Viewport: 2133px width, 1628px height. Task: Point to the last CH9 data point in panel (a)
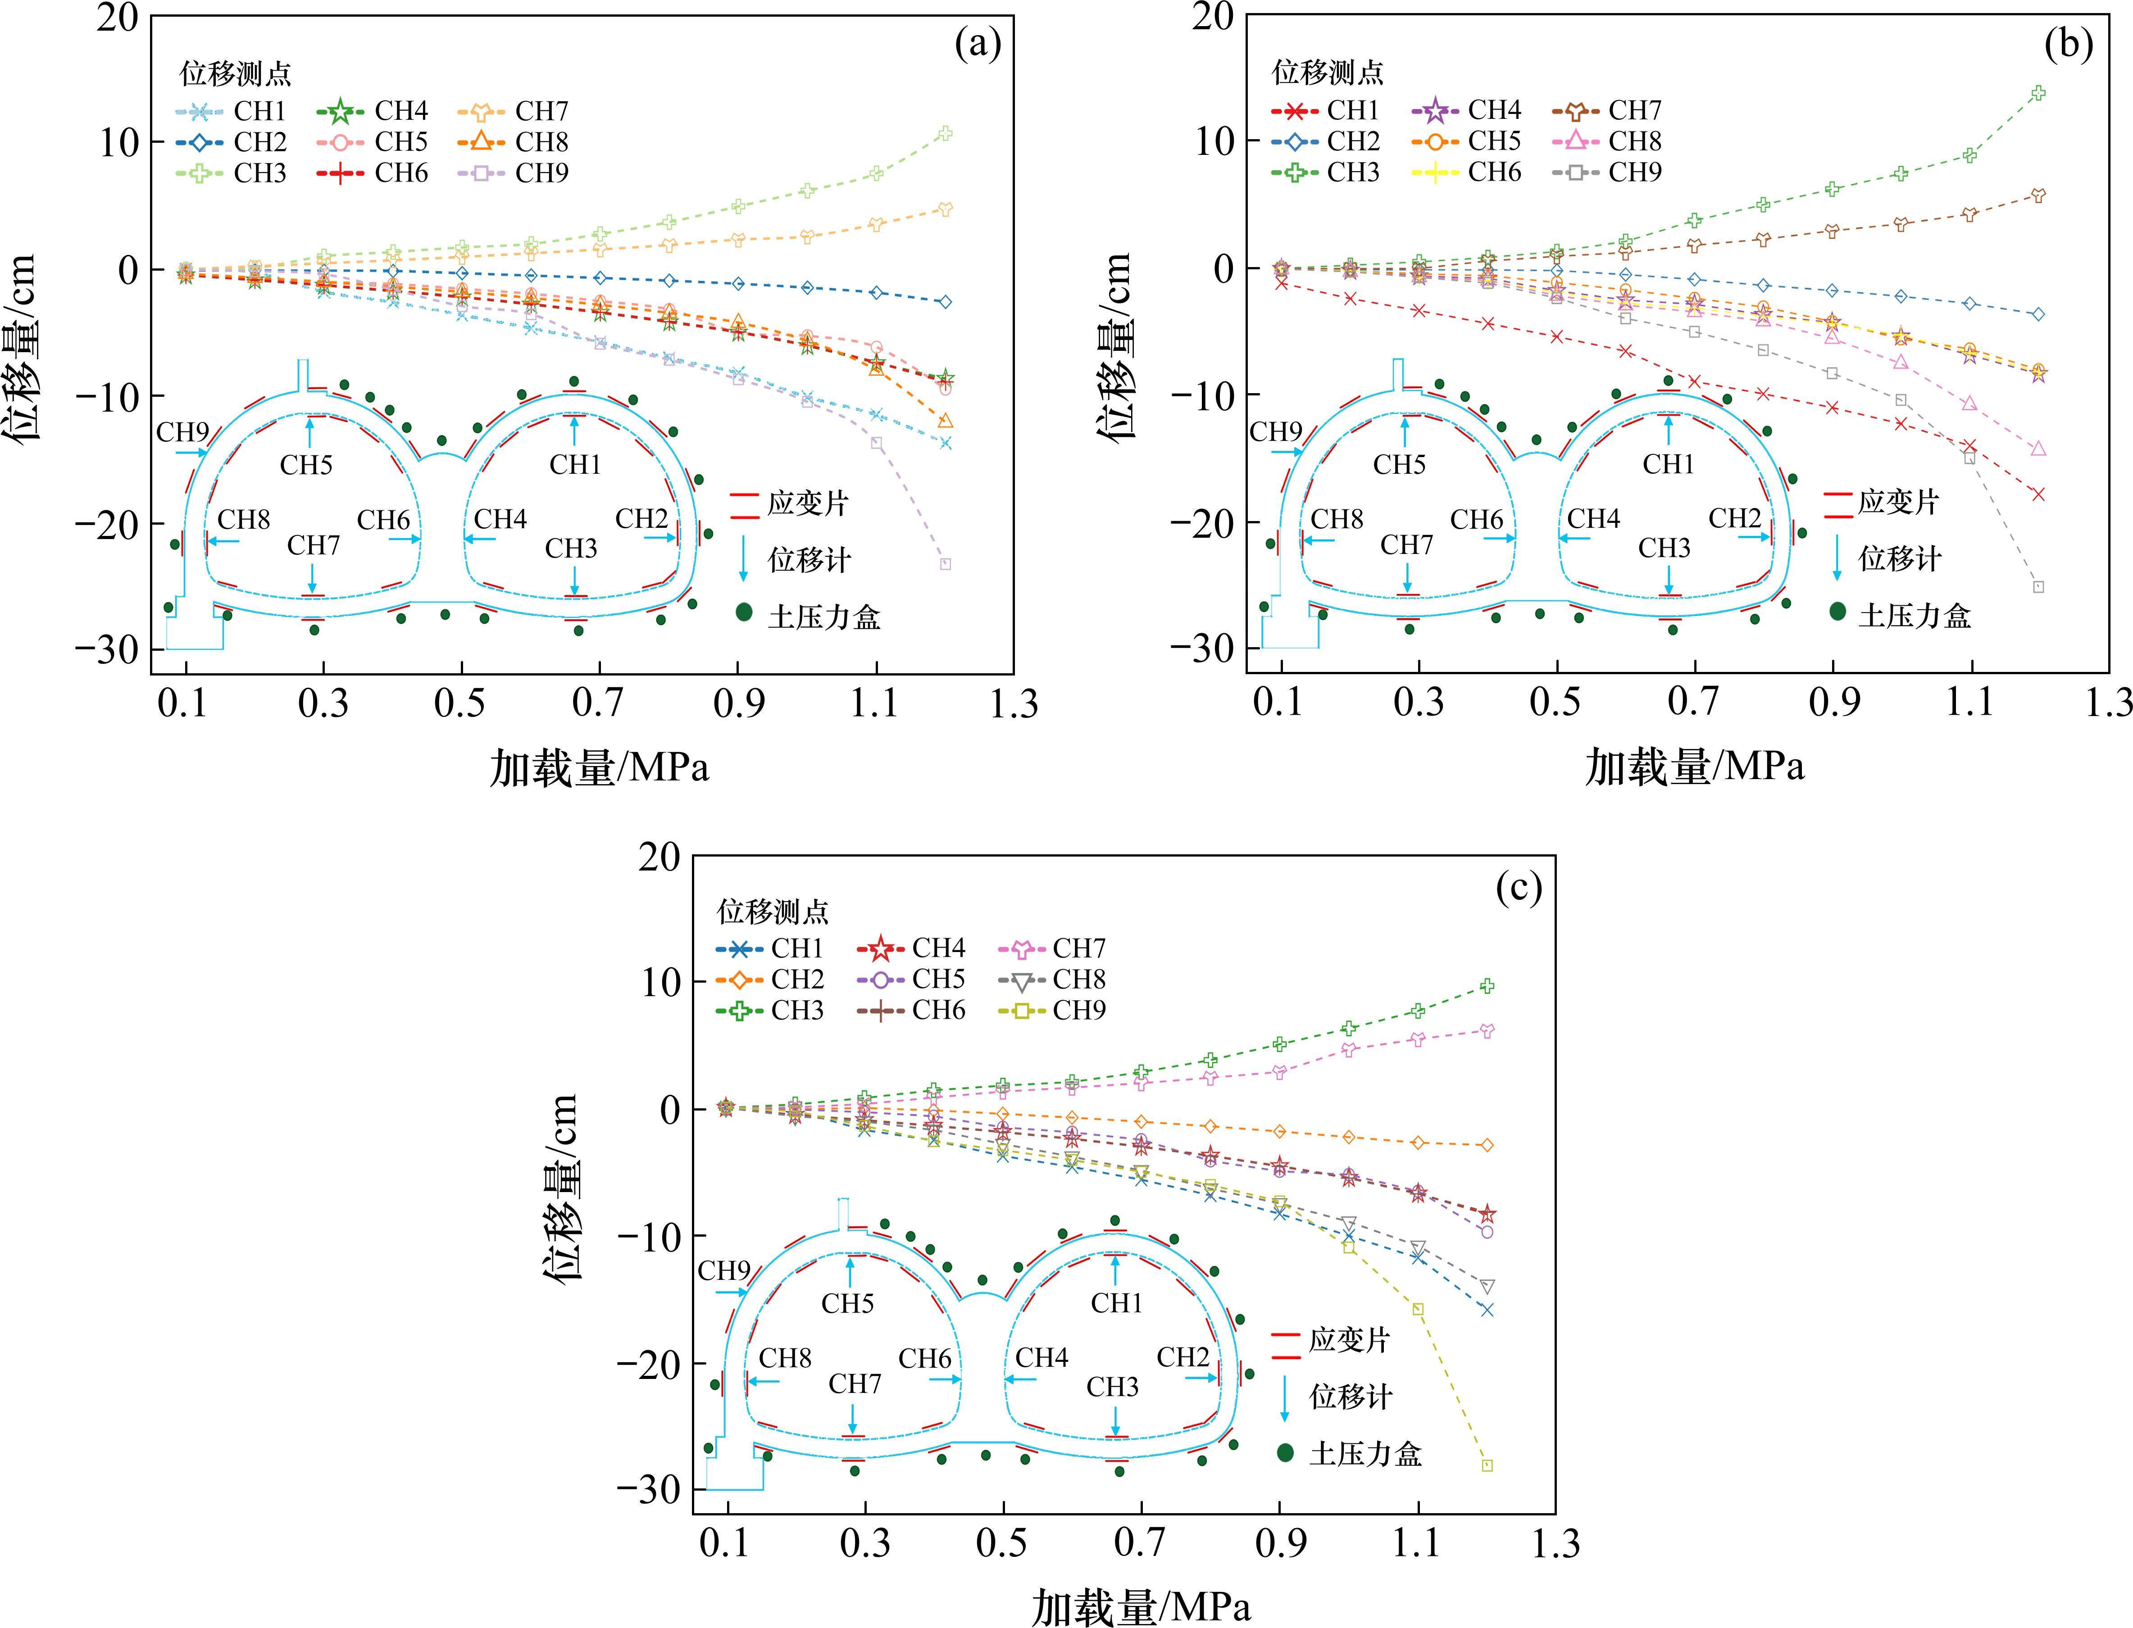[x=945, y=564]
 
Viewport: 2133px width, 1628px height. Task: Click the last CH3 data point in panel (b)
[x=2038, y=93]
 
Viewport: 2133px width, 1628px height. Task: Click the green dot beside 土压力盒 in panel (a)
[x=744, y=612]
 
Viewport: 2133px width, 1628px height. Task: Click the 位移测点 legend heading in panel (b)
[x=1328, y=73]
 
